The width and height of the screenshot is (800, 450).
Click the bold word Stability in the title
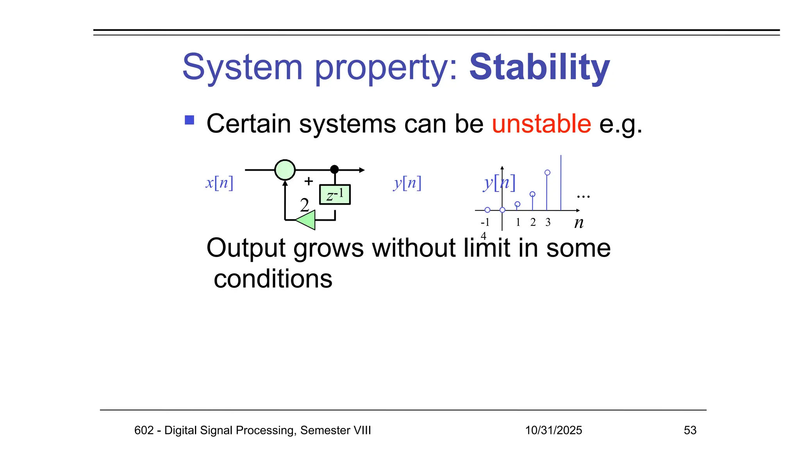pos(539,67)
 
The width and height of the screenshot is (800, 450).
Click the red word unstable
pos(541,124)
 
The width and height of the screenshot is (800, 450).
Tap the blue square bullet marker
pos(189,120)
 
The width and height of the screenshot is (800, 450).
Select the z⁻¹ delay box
pos(335,195)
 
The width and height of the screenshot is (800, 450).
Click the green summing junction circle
pos(285,170)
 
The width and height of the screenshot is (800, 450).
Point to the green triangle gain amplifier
pos(307,220)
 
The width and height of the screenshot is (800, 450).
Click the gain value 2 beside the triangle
pos(304,205)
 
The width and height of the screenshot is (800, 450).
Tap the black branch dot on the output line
pos(334,170)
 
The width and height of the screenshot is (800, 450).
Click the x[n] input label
pos(220,183)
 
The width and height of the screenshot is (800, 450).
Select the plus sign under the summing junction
pos(309,181)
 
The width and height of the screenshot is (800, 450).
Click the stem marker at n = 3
pos(547,173)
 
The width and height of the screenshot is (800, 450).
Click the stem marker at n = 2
pos(532,194)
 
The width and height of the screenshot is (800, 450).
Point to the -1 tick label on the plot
pos(485,222)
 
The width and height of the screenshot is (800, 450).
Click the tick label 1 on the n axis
pos(518,222)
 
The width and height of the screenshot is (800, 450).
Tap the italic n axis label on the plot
pos(579,223)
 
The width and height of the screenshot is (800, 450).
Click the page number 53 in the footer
pos(690,430)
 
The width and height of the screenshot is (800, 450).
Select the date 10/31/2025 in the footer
pos(553,430)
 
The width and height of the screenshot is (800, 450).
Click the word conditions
pos(273,279)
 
